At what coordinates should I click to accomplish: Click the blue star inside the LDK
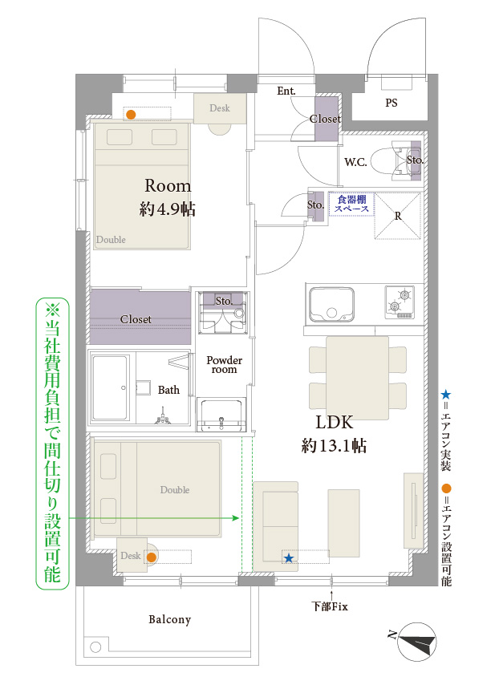(289, 558)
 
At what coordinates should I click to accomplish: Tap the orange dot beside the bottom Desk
(151, 557)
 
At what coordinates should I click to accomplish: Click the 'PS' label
(392, 103)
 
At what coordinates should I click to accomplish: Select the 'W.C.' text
(355, 162)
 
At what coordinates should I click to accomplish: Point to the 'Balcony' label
(169, 619)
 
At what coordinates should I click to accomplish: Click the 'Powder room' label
(224, 365)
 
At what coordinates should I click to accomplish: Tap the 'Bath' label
(168, 390)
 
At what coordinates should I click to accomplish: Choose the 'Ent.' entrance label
(286, 91)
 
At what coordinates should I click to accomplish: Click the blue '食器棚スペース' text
(351, 204)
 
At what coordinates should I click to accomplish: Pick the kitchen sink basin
(332, 305)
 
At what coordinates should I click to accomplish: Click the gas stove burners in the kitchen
(400, 302)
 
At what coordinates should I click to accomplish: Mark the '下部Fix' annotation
(330, 606)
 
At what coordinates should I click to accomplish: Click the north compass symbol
(416, 642)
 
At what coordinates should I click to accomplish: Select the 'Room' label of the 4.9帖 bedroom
(168, 185)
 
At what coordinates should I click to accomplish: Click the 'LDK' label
(335, 422)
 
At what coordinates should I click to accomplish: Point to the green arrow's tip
(238, 518)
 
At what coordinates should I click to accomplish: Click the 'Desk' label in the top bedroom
(220, 108)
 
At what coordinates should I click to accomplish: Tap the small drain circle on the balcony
(95, 647)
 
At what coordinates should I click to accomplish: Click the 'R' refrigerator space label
(398, 216)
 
